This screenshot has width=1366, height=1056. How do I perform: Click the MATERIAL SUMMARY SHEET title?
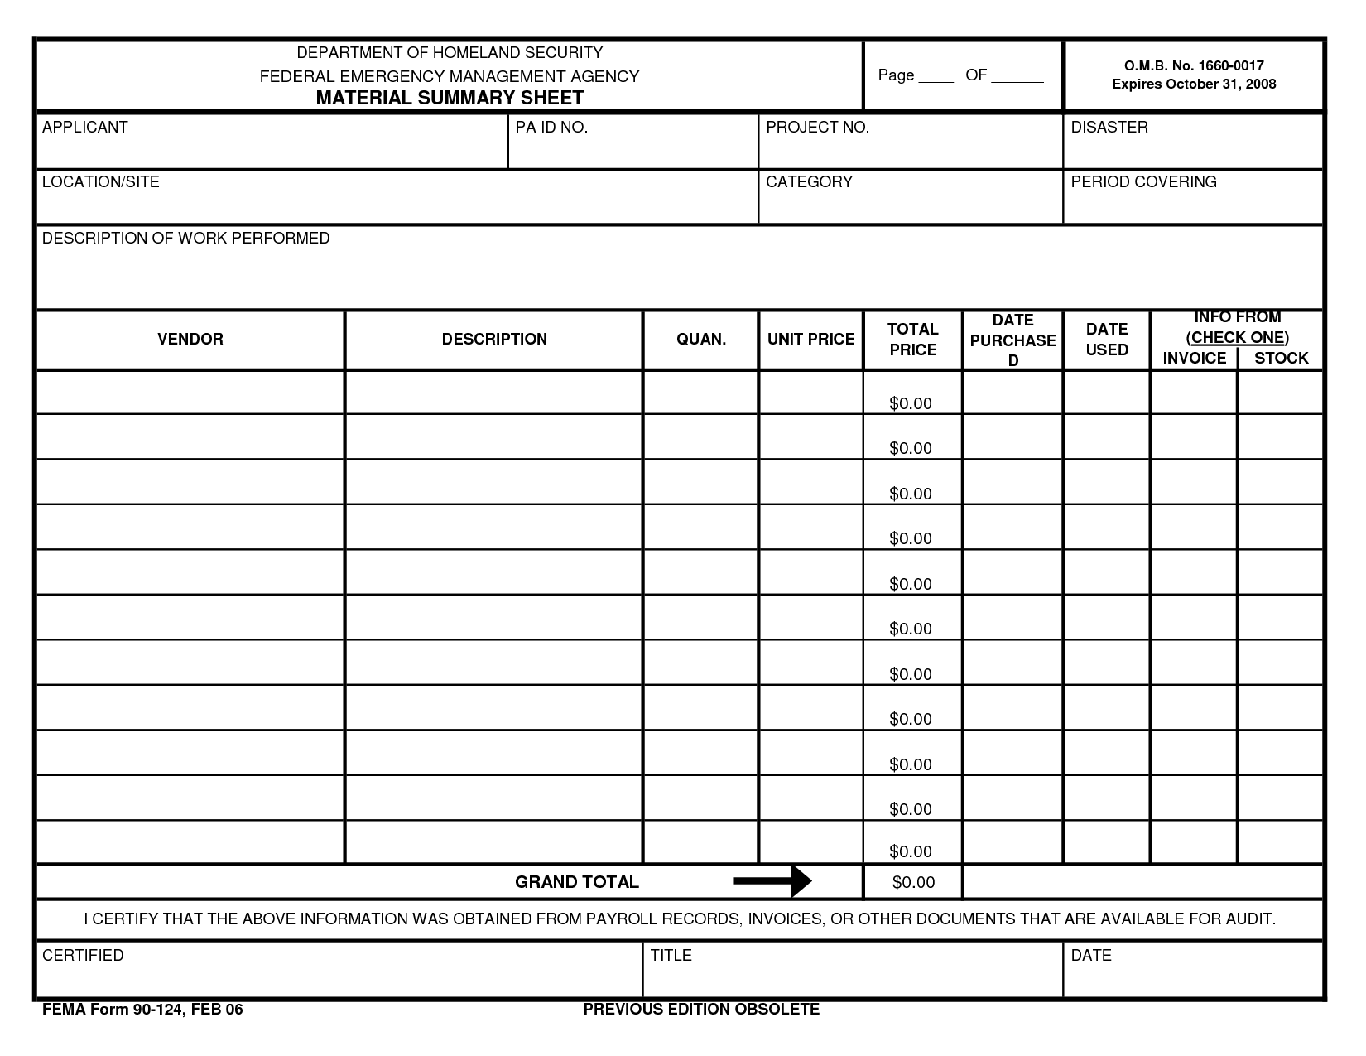point(450,98)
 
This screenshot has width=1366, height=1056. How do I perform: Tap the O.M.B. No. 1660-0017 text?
point(1193,65)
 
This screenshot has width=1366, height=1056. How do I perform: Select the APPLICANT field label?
point(84,128)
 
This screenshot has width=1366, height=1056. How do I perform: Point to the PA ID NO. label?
point(551,128)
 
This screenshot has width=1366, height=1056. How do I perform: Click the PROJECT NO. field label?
point(817,128)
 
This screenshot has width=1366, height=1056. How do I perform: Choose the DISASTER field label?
point(1109,128)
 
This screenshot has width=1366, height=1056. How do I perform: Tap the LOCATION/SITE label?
point(100,182)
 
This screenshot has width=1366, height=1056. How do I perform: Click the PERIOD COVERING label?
point(1143,182)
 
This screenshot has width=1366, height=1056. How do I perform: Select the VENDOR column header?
point(190,340)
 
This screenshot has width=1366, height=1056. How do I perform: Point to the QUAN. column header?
point(701,340)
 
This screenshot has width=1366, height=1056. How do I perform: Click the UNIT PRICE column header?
point(810,340)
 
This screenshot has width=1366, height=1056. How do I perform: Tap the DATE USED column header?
point(1107,340)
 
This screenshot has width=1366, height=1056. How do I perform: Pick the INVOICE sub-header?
point(1194,359)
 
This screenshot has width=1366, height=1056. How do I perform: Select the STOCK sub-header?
point(1281,359)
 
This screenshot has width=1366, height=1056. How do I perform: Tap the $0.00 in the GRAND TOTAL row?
point(913,883)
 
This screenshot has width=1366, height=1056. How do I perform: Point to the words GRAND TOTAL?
point(577,883)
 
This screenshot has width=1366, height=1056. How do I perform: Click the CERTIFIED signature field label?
point(83,956)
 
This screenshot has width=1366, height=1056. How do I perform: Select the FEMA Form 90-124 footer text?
point(142,1010)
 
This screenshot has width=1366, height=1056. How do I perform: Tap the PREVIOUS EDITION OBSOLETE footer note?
point(701,1010)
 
